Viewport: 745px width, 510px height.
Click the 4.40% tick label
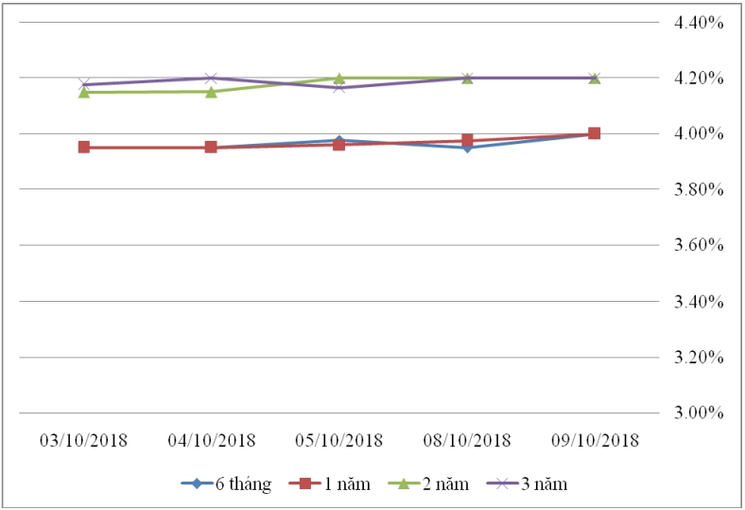pos(699,22)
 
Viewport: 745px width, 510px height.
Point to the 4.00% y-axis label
pos(699,133)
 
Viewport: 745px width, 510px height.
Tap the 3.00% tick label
pos(699,413)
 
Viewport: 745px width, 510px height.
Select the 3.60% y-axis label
pos(699,245)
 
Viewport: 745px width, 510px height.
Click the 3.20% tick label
pos(699,358)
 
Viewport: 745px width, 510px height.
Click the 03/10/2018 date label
pos(83,441)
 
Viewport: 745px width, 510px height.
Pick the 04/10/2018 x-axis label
pos(211,441)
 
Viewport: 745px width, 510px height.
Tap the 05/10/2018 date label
pos(338,441)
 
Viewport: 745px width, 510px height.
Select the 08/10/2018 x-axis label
pos(466,441)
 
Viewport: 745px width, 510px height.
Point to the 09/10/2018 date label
pos(594,441)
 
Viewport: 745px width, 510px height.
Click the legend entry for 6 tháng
pos(227,484)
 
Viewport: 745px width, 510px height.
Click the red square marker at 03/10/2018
pos(84,147)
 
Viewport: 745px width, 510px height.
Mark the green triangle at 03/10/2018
pos(84,92)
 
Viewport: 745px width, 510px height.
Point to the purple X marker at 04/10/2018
pos(211,79)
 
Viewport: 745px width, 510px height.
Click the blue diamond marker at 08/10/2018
pos(466,148)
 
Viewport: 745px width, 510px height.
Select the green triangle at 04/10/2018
pos(211,92)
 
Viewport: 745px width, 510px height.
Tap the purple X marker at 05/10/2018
pos(338,87)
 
